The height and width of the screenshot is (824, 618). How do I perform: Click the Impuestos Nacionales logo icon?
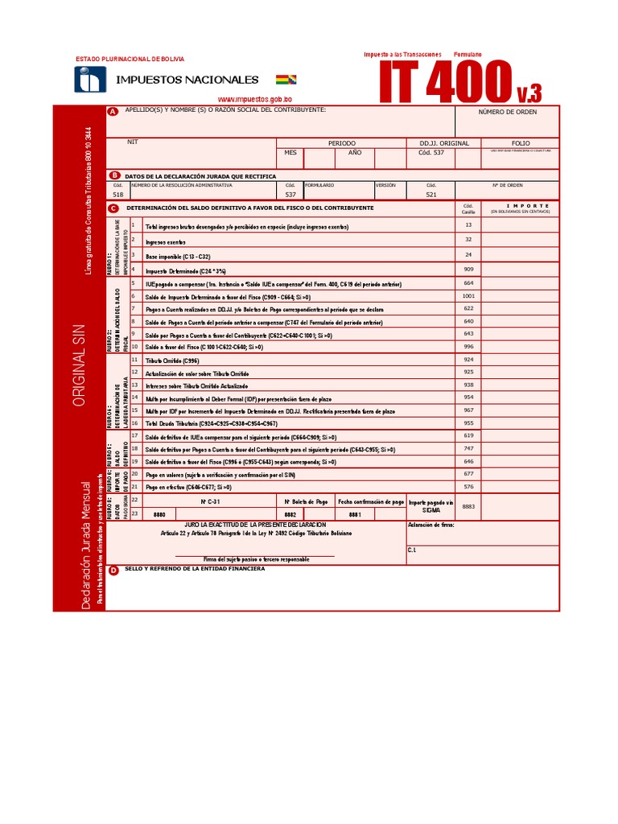90,79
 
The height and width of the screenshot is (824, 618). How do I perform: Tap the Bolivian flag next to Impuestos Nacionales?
286,80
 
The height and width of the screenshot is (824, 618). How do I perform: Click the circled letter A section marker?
113,111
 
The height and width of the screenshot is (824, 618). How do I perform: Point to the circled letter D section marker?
113,571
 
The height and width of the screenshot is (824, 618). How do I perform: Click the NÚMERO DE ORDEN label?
507,112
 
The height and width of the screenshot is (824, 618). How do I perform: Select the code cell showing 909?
468,269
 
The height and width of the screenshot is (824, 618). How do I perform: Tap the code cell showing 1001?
468,295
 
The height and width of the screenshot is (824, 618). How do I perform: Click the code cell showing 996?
468,346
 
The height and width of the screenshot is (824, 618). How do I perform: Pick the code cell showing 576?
468,486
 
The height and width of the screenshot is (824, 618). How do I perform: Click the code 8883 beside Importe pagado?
468,506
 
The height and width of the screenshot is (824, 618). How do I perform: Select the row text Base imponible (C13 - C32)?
178,257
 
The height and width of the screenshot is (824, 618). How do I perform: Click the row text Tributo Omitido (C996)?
172,360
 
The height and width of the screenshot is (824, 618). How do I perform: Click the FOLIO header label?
521,143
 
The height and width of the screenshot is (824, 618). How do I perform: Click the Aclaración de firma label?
431,525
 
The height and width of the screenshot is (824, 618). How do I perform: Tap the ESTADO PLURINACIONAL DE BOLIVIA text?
130,59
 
